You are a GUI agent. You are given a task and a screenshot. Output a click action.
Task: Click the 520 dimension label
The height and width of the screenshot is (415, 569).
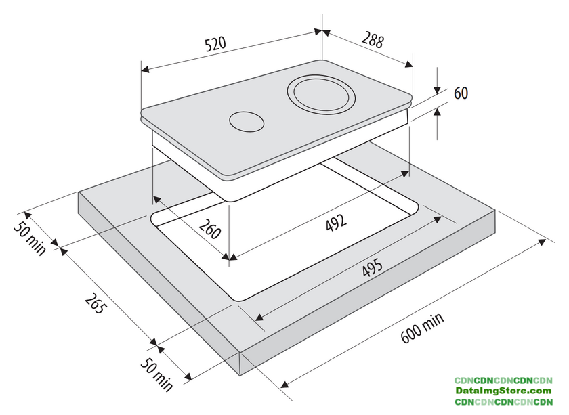pyautogui.click(x=215, y=44)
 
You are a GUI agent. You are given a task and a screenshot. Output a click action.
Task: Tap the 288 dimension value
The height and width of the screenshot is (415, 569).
pyautogui.click(x=373, y=41)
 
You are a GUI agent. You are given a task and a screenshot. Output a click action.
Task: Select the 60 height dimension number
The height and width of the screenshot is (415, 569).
pyautogui.click(x=461, y=93)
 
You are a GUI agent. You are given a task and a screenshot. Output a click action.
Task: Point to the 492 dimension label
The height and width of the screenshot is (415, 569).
pyautogui.click(x=336, y=222)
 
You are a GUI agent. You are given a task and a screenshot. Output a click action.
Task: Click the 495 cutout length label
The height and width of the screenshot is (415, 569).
pyautogui.click(x=372, y=267)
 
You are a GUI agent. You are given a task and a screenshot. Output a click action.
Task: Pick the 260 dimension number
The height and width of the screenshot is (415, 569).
pyautogui.click(x=210, y=229)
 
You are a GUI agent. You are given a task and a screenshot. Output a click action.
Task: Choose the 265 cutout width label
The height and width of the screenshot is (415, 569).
pyautogui.click(x=96, y=303)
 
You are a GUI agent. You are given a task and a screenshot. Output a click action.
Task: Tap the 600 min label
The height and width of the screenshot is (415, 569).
pyautogui.click(x=422, y=328)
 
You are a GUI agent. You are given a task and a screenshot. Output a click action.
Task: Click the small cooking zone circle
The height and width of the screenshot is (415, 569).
pyautogui.click(x=247, y=122)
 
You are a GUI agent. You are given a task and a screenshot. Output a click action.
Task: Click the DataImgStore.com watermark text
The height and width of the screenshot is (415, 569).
pyautogui.click(x=503, y=391)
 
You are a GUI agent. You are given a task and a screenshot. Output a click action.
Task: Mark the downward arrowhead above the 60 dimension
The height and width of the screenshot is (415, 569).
pyautogui.click(x=438, y=89)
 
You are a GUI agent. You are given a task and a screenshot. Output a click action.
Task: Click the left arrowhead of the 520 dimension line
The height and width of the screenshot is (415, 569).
pyautogui.click(x=145, y=69)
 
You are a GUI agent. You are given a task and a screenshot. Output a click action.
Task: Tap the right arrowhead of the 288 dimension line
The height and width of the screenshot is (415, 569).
pyautogui.click(x=408, y=64)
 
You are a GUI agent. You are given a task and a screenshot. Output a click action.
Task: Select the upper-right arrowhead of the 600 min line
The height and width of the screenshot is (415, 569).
pyautogui.click(x=542, y=242)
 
